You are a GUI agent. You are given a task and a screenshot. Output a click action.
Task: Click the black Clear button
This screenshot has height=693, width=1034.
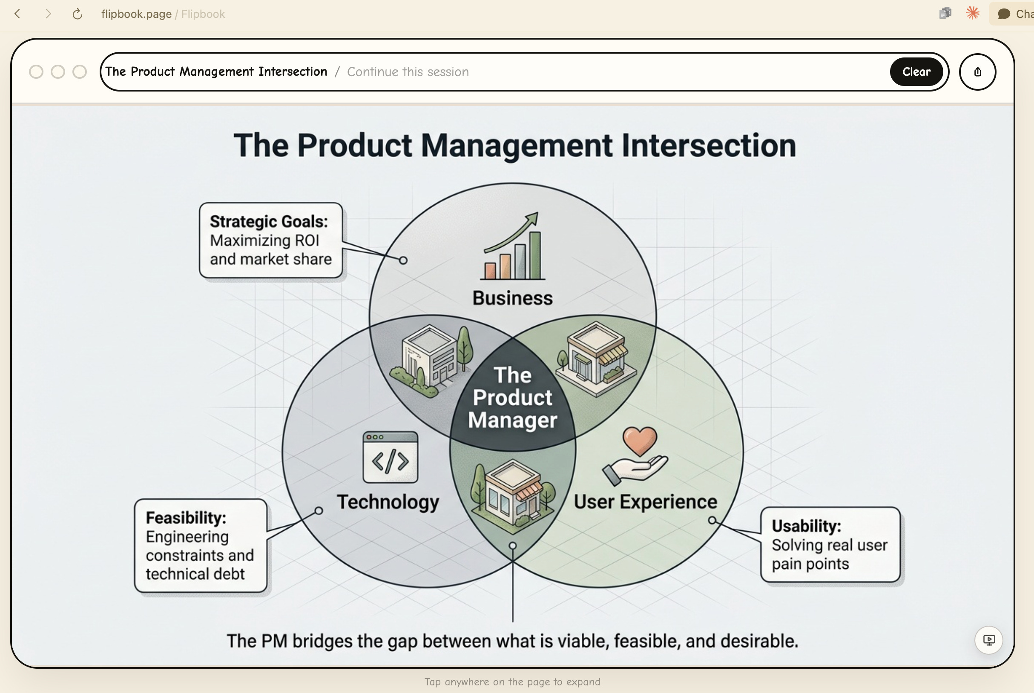(916, 72)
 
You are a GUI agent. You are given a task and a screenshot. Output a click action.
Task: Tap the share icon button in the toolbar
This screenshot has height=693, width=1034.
(977, 72)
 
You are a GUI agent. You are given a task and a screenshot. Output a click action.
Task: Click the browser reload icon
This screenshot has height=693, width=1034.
(78, 14)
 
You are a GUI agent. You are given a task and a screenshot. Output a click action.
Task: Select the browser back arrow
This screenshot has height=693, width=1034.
(18, 14)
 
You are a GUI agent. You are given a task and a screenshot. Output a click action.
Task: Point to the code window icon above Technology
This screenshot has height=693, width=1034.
(390, 457)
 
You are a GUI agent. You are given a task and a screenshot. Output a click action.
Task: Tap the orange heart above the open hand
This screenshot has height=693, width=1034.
(640, 440)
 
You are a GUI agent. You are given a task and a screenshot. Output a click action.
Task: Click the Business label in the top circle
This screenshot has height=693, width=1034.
(512, 298)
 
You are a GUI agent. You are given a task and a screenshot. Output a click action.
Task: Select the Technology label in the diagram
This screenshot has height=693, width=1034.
(388, 501)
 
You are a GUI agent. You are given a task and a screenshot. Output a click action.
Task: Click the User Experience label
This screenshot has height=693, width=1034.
(645, 501)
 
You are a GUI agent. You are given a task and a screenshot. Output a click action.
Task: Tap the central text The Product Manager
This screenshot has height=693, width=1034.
(512, 397)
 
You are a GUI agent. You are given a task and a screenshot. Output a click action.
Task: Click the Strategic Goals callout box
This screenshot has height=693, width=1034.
(270, 240)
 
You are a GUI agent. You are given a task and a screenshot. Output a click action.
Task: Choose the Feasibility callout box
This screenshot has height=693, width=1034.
(200, 545)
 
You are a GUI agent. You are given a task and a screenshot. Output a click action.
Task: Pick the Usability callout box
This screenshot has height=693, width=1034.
(830, 544)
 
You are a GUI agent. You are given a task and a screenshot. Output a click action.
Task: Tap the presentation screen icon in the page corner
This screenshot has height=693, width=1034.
(988, 639)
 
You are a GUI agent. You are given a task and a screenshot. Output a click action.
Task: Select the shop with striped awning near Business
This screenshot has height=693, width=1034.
(596, 358)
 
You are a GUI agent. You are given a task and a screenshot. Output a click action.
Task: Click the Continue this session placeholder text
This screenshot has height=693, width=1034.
(408, 72)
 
